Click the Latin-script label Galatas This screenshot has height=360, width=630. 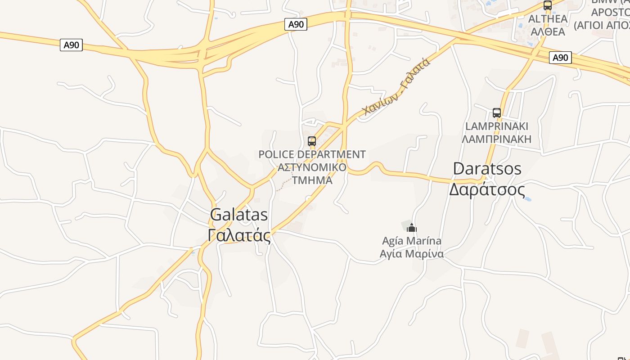[239, 215]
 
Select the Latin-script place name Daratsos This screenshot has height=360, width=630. [487, 169]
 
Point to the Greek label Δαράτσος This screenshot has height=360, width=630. [487, 189]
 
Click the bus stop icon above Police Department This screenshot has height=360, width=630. [312, 141]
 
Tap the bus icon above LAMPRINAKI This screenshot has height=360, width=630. [497, 112]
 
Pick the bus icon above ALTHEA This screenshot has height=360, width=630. [548, 5]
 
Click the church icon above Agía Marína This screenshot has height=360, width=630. [412, 228]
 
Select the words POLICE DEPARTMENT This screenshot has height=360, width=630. [312, 155]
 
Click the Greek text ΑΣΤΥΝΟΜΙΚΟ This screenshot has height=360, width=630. [312, 167]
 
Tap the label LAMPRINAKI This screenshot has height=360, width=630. [497, 126]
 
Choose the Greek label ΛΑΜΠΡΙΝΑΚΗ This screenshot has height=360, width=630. [497, 139]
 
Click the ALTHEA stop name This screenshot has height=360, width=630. [548, 19]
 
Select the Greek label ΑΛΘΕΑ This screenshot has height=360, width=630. [548, 31]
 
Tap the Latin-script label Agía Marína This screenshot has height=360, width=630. [412, 241]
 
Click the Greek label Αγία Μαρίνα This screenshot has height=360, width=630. [412, 254]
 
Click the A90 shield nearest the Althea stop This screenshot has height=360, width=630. [560, 58]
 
